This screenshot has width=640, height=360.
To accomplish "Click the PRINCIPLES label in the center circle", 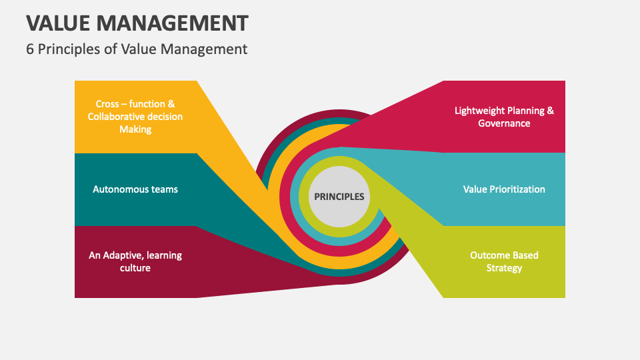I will click(x=340, y=197).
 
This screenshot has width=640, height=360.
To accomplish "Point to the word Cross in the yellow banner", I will click(x=108, y=104).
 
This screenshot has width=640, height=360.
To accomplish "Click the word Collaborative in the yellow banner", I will click(x=115, y=117).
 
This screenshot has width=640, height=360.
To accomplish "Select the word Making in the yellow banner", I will click(x=135, y=129).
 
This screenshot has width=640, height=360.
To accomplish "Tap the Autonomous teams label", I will click(x=135, y=189).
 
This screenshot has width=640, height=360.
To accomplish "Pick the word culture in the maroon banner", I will click(x=135, y=268).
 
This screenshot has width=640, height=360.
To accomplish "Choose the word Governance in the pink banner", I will click(x=504, y=123).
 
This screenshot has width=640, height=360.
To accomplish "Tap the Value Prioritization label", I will click(x=504, y=189).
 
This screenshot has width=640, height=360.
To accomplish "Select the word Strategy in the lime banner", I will click(x=504, y=268).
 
